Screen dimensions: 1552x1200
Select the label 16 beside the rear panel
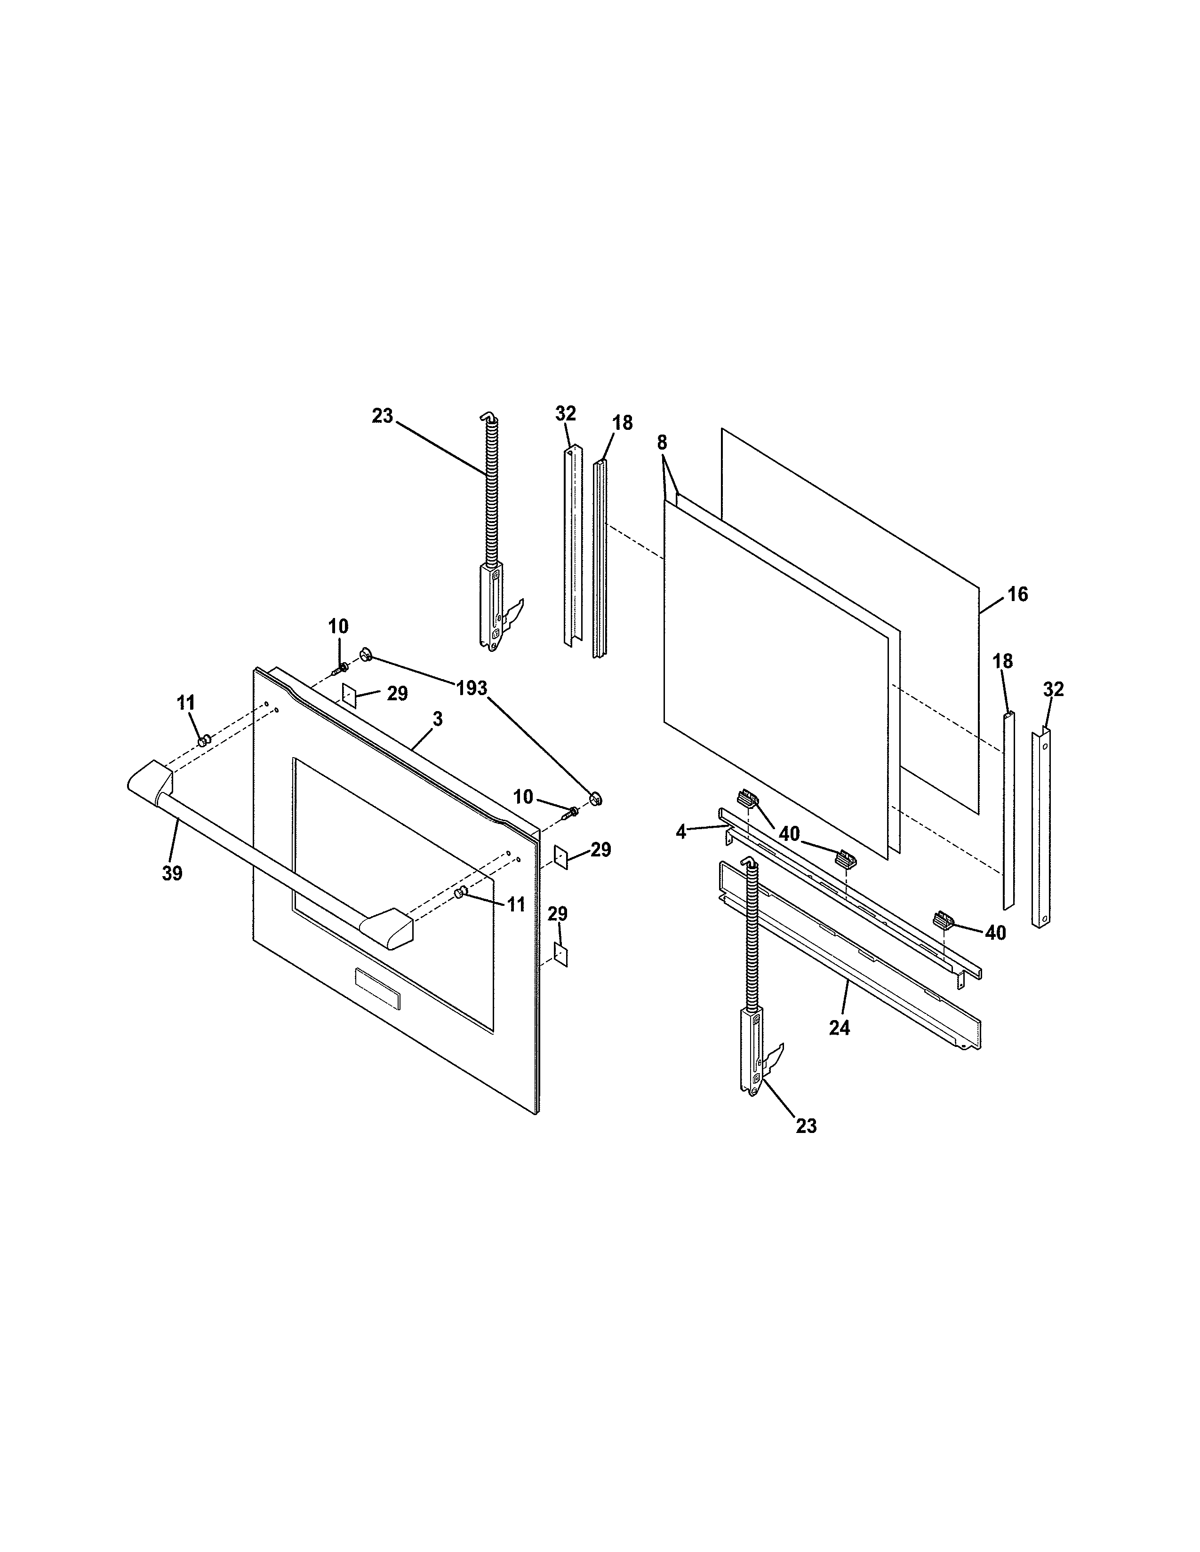pos(1017,594)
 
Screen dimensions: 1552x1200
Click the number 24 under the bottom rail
pos(840,1028)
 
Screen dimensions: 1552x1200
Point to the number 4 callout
pos(681,831)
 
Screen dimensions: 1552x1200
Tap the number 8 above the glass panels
pos(662,442)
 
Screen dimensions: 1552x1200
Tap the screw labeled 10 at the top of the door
pos(342,667)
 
